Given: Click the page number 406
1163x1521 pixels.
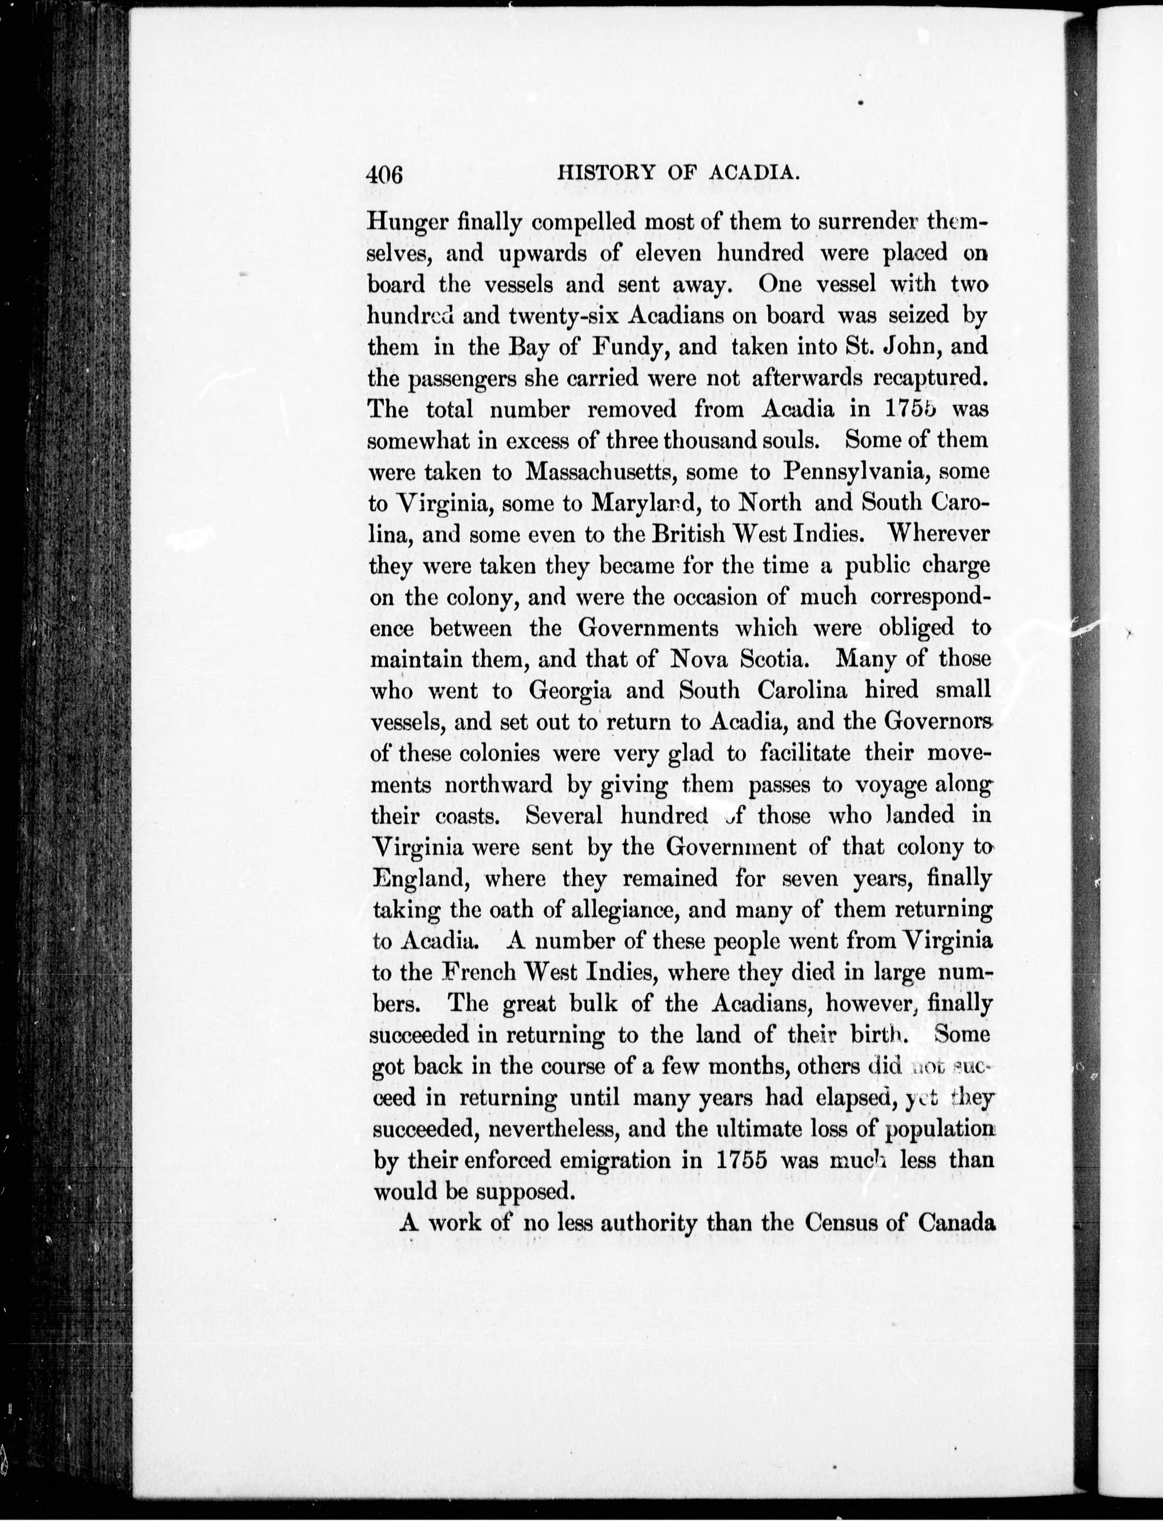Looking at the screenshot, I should point(385,174).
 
